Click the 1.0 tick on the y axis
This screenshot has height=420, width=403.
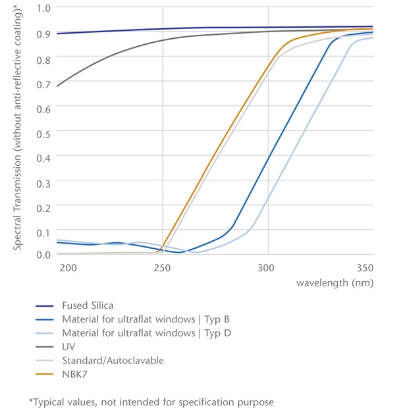pyautogui.click(x=43, y=9)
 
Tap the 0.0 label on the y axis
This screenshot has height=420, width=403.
pyautogui.click(x=43, y=254)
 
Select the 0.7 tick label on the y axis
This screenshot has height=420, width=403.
pyautogui.click(x=43, y=84)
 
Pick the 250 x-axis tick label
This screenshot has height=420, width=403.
pyautogui.click(x=161, y=269)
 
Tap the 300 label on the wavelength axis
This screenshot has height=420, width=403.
pyautogui.click(x=266, y=269)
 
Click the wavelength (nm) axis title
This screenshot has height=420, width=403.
pyautogui.click(x=335, y=284)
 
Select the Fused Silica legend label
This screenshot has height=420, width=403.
pyautogui.click(x=91, y=305)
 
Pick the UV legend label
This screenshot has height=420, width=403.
pyautogui.click(x=69, y=346)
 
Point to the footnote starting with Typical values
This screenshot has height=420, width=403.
pyautogui.click(x=150, y=402)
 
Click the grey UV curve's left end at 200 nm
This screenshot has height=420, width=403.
pyautogui.click(x=58, y=86)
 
